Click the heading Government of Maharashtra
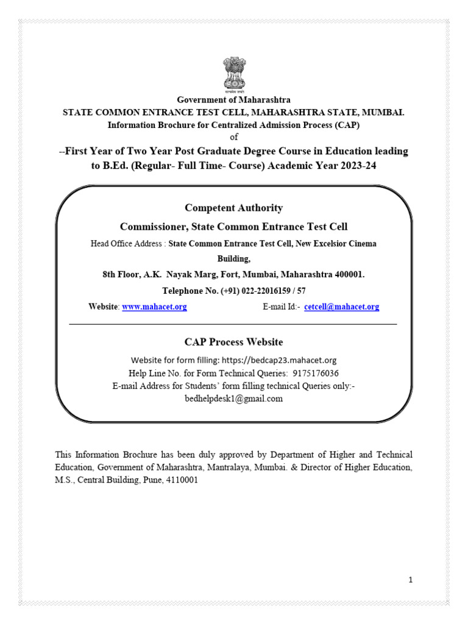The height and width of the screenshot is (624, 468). tap(233, 100)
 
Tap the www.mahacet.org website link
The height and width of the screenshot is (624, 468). tap(154, 307)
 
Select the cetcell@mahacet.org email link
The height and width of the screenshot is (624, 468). tap(341, 307)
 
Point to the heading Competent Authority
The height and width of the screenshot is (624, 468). tap(233, 208)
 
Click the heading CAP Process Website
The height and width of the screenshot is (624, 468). tap(233, 342)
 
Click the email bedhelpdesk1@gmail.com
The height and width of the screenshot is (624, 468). tap(233, 399)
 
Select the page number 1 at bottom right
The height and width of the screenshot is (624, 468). tap(411, 580)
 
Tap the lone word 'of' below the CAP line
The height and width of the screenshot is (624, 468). tap(233, 137)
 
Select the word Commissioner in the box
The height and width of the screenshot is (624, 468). tap(154, 227)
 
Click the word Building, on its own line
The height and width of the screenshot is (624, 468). tap(233, 259)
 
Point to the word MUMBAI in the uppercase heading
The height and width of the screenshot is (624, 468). tap(382, 113)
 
